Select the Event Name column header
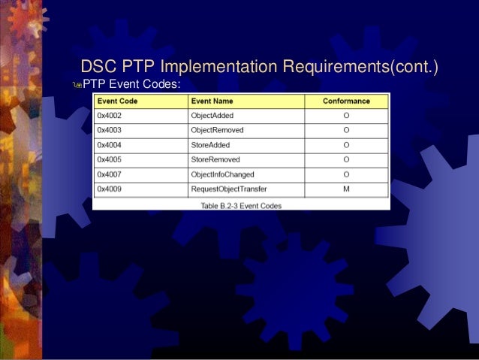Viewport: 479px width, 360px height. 212,101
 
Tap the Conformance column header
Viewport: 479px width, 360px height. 346,101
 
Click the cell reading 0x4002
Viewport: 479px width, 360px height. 110,116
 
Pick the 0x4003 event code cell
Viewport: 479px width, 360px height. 110,130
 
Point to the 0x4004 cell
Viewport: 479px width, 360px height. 110,145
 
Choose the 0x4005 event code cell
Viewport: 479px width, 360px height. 110,159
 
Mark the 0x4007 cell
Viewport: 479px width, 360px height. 110,174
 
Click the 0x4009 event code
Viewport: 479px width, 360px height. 110,189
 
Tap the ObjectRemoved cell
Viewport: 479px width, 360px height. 216,130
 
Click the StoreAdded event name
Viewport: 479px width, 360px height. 210,145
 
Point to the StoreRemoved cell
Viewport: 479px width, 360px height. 215,159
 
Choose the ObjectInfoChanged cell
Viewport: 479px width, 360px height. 222,174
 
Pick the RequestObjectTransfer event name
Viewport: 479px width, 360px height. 228,189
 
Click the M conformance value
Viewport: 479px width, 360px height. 346,189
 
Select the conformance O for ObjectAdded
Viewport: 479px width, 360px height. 346,116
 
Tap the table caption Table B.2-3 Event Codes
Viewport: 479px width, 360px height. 240,204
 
